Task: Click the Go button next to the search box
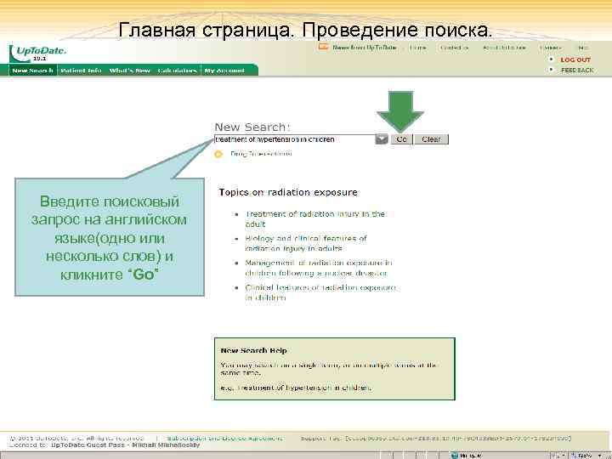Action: [401, 139]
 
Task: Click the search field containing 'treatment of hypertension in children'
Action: [293, 139]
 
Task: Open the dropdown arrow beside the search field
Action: [381, 139]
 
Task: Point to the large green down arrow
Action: [394, 111]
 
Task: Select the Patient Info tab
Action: [82, 71]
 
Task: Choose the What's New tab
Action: [129, 71]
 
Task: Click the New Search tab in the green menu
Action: [32, 71]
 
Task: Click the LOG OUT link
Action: [575, 59]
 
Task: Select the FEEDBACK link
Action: [577, 71]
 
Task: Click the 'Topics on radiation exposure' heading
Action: [288, 193]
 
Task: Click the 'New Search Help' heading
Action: [253, 350]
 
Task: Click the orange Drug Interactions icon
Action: [218, 154]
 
